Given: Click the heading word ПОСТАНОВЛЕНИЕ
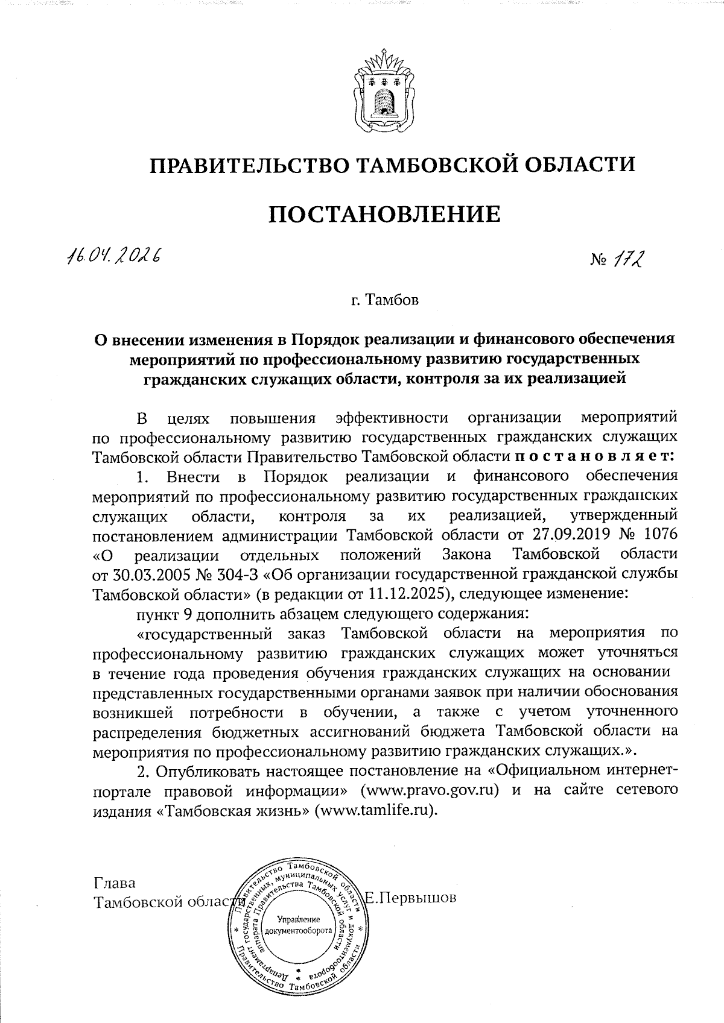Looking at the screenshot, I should (x=384, y=214).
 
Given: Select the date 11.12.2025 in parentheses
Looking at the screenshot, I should (x=407, y=594).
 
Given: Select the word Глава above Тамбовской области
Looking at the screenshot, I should (x=115, y=883).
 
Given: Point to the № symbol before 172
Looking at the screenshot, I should (x=599, y=262).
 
